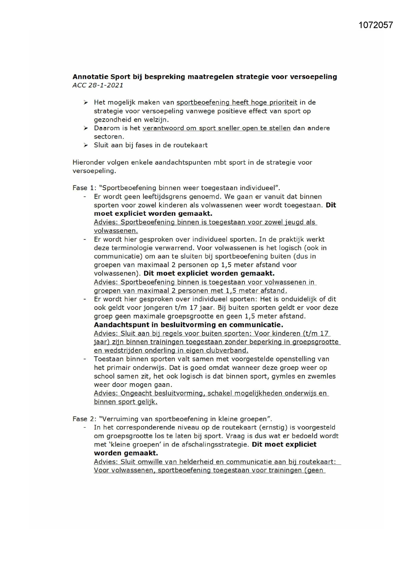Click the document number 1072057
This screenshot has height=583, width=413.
click(x=376, y=25)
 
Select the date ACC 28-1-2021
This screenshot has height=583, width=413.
click(x=98, y=85)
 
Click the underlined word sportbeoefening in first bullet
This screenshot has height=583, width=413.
click(x=203, y=102)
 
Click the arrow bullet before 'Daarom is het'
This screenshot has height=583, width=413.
click(x=86, y=128)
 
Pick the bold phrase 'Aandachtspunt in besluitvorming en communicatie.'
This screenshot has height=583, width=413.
click(x=188, y=325)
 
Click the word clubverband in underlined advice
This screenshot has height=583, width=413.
click(x=228, y=350)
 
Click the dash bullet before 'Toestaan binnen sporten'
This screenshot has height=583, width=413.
click(x=85, y=359)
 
